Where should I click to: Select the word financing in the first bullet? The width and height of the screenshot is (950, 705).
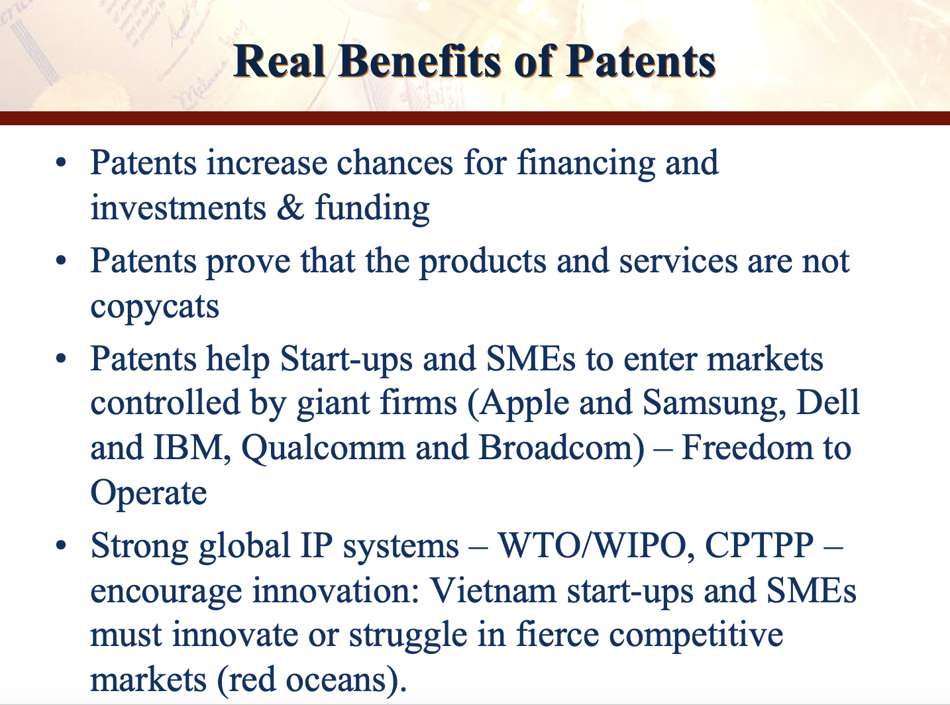tap(586, 164)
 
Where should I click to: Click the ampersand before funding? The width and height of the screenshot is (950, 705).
tap(291, 208)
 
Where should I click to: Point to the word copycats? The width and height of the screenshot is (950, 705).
tap(154, 307)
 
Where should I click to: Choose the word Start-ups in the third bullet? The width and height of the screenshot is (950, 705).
tap(346, 360)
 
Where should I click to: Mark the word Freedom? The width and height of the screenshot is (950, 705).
tap(747, 447)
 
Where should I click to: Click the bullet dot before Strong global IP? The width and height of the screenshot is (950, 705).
tap(61, 545)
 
